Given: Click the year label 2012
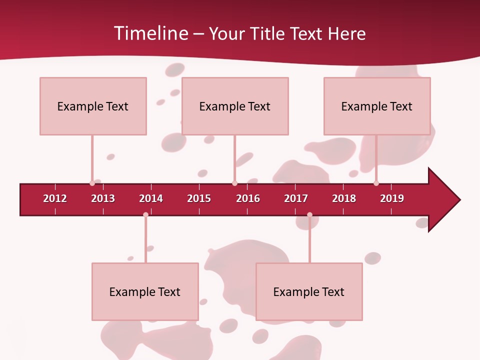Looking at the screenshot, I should click(x=55, y=198).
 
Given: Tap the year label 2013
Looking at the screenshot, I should click(x=103, y=198).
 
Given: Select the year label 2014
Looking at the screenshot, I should click(x=151, y=198).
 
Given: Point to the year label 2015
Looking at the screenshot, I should click(x=199, y=198).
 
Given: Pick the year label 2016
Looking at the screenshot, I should click(x=248, y=198).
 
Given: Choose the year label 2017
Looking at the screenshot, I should click(x=296, y=198).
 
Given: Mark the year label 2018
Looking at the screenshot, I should click(x=344, y=198).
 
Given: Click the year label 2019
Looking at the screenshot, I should click(x=392, y=198).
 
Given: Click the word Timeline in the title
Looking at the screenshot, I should click(x=150, y=33).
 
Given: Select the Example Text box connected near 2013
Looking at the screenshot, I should click(x=93, y=106).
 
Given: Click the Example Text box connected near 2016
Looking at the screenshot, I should click(x=235, y=106).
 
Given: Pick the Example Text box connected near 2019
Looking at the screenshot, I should click(x=377, y=106).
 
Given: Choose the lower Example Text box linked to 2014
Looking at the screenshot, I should click(x=145, y=291).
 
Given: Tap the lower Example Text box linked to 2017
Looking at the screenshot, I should click(x=309, y=291).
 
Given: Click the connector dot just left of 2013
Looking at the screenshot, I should click(x=92, y=183).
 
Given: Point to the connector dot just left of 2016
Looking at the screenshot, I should click(x=234, y=183).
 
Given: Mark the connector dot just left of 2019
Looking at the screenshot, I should click(x=376, y=183).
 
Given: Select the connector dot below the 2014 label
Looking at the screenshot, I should click(x=145, y=215).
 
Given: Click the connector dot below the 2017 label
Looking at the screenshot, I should click(x=309, y=215).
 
